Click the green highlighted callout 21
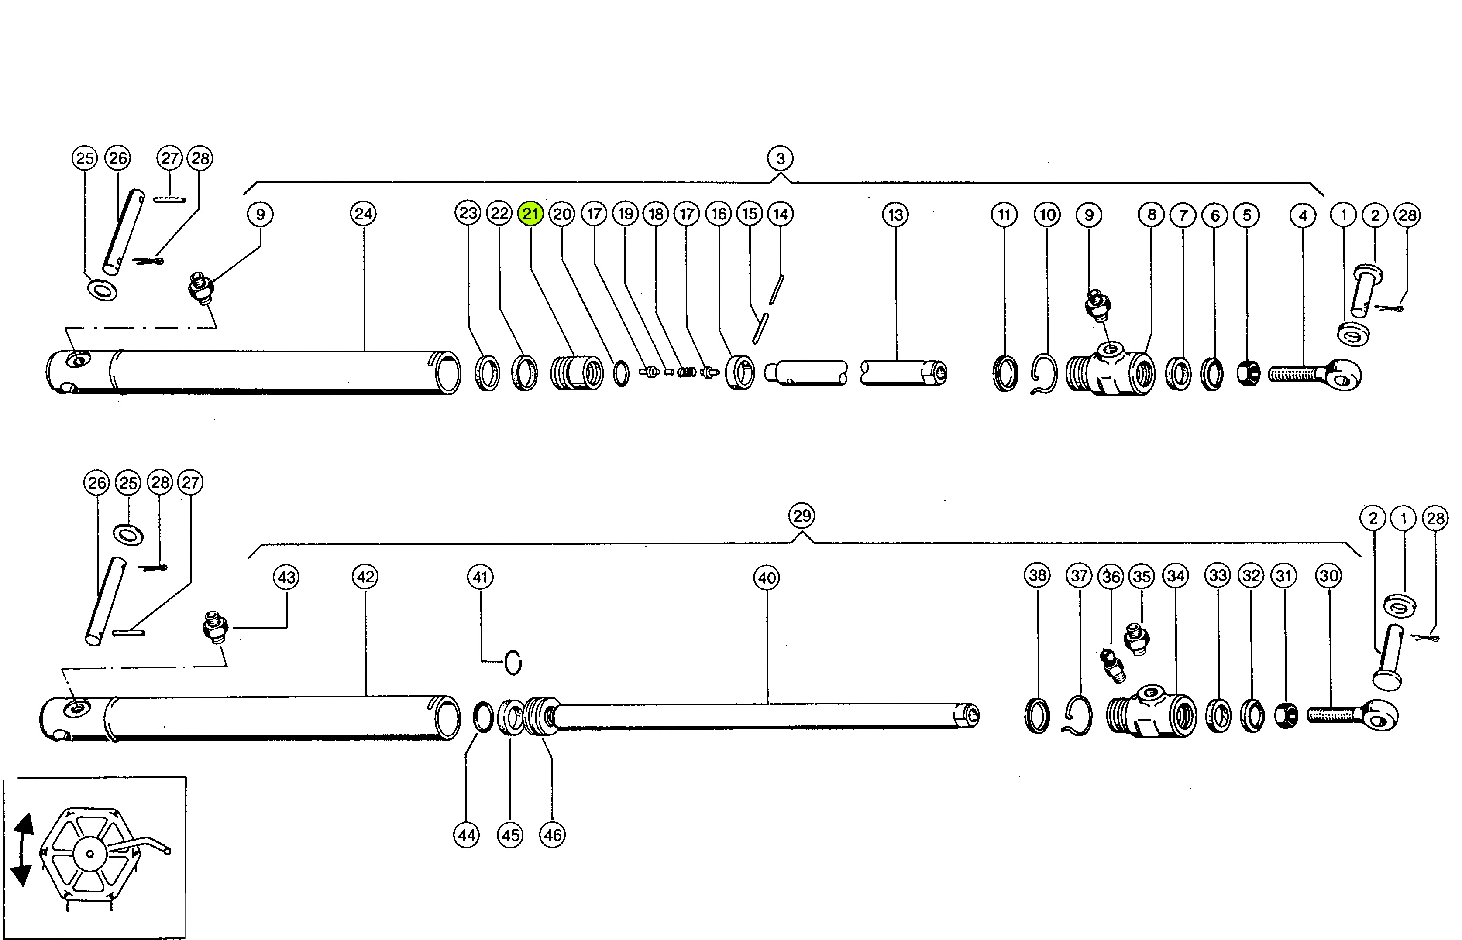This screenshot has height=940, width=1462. click(x=530, y=214)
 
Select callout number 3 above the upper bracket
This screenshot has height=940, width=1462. click(x=781, y=159)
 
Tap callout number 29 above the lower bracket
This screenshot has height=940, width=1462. click(x=802, y=516)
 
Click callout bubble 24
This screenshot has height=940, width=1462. click(x=363, y=214)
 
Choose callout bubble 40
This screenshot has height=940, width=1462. click(x=767, y=578)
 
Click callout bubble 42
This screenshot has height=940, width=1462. click(x=365, y=577)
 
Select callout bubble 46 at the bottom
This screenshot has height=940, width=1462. click(x=553, y=834)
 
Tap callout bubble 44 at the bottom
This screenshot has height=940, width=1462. click(x=467, y=834)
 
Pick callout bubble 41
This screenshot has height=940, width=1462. click(x=480, y=577)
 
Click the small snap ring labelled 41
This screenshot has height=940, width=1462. click(x=513, y=662)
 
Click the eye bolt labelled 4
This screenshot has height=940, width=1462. click(x=1313, y=373)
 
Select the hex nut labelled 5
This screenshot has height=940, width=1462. click(x=1248, y=373)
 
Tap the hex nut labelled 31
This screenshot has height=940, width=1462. click(x=1286, y=715)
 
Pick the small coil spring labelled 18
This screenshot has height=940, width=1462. click(x=688, y=371)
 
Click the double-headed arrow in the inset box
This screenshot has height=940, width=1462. click(x=23, y=849)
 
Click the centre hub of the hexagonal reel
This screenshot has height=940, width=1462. click(x=90, y=853)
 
